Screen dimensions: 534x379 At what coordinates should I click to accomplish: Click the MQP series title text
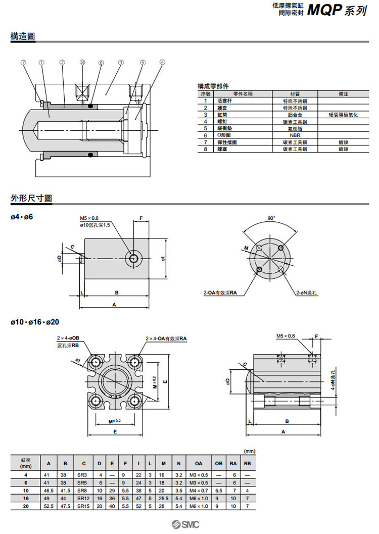(336, 10)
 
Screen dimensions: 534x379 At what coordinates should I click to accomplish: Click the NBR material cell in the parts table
(295, 135)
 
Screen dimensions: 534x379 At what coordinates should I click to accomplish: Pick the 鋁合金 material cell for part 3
(295, 115)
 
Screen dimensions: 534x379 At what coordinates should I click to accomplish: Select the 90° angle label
(271, 218)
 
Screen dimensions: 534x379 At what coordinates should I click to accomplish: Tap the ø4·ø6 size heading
(22, 217)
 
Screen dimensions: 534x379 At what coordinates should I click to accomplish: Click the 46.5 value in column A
(49, 490)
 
